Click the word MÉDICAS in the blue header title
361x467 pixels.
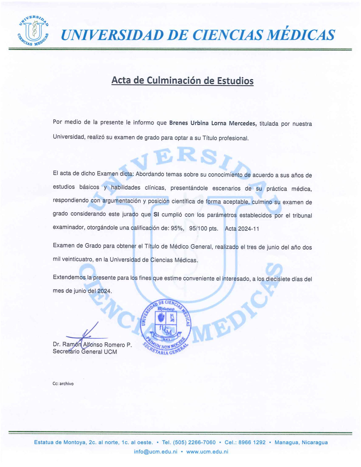click(x=301, y=35)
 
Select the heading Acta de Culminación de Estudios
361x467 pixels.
click(x=182, y=80)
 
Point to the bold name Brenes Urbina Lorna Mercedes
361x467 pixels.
click(x=213, y=123)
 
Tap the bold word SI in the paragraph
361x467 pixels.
click(x=156, y=215)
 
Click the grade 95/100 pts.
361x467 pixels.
click(x=204, y=228)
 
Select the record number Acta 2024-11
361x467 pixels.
click(x=242, y=229)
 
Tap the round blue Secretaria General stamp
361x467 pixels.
click(x=166, y=327)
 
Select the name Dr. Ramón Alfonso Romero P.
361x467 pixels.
click(x=92, y=345)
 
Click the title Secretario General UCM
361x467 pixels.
click(x=85, y=352)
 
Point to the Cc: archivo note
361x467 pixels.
click(x=63, y=384)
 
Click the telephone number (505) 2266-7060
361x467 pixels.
click(x=194, y=442)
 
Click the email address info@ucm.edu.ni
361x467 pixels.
click(x=155, y=452)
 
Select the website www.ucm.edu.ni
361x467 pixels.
click(x=207, y=452)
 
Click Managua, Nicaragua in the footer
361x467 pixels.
click(x=301, y=442)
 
